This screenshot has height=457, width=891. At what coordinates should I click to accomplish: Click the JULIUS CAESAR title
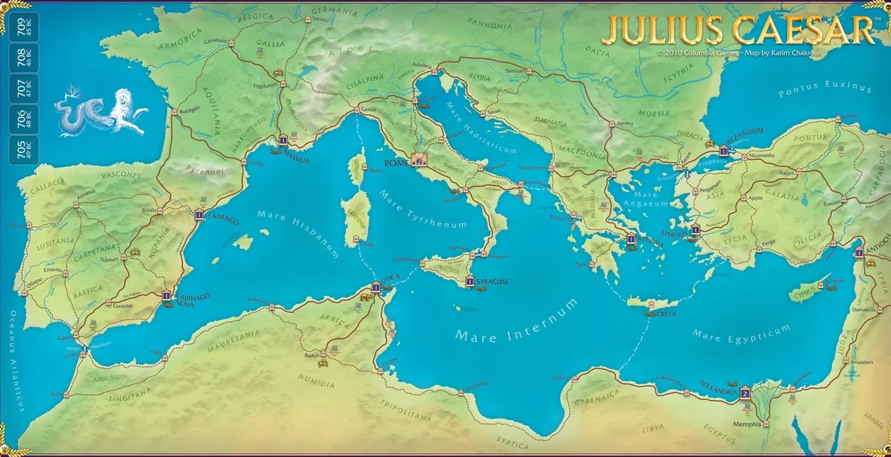pos(737,30)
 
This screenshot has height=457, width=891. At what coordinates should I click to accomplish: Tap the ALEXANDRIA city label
pos(716,392)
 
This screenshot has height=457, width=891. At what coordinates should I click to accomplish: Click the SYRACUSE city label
pos(492,282)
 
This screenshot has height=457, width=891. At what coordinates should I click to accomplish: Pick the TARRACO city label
pos(222,219)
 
